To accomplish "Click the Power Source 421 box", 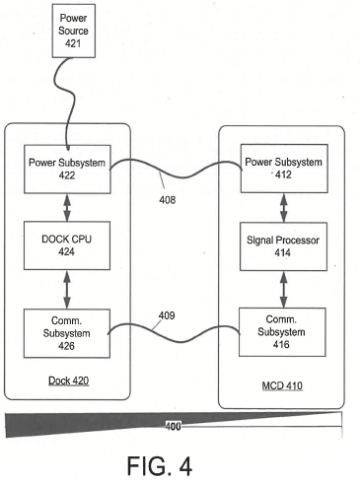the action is (x=74, y=31).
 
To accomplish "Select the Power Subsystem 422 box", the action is (x=67, y=170).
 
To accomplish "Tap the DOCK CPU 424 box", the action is (x=67, y=245).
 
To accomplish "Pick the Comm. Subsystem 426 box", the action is (x=67, y=333).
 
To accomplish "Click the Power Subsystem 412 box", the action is (x=284, y=169).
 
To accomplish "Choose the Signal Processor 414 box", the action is (x=283, y=246).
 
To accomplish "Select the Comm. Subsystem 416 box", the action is (x=282, y=332).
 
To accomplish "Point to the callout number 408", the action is (x=168, y=200).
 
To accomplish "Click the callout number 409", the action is (x=167, y=315).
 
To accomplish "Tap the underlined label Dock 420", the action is (x=69, y=380).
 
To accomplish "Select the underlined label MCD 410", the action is (x=282, y=385).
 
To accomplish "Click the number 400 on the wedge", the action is (x=173, y=426).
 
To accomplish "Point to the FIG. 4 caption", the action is (x=160, y=466).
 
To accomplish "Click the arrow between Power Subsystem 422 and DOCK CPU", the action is (x=67, y=208).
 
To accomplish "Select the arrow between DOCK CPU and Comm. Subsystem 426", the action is (x=67, y=290).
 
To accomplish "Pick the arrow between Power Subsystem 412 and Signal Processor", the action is (x=284, y=208).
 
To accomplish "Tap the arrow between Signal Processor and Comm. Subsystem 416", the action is (x=283, y=290).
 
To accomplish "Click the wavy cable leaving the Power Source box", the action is (x=63, y=99).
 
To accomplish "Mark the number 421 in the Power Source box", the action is (x=73, y=43).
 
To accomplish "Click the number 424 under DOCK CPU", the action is (x=66, y=251).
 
